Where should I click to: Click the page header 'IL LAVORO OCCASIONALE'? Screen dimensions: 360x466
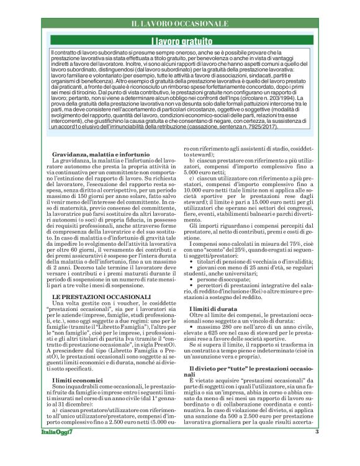pyautogui.click(x=180, y=24)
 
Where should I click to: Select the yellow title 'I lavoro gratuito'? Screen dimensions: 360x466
pyautogui.click(x=180, y=41)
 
